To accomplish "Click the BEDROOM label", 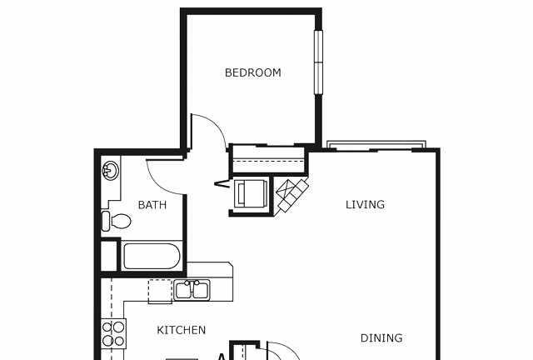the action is coord(253,72).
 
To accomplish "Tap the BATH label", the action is coord(152,205).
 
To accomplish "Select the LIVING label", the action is coord(365,204).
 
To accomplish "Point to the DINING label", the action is coord(381,337).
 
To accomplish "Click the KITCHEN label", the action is coord(182,330).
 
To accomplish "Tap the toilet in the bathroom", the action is coord(117,221).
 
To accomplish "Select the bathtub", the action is coord(152,256).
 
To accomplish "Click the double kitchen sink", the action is coord(192,290).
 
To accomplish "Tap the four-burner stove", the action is coord(113,333).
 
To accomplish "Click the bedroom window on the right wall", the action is coord(318,62).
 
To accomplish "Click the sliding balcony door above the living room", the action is coord(376,145).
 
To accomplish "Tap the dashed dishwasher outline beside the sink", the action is coord(160,292).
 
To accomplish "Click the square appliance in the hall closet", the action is coord(251,193).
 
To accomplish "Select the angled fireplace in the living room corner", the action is coord(291,195).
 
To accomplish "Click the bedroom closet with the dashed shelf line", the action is coord(267,160).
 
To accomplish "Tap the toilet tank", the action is coord(106,221).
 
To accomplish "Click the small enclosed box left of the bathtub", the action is coord(109,256).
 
